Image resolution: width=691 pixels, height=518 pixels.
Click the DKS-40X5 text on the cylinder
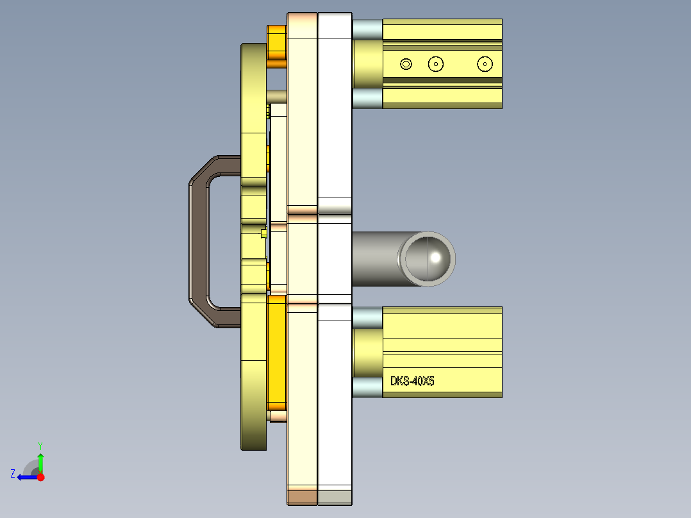(x=412, y=381)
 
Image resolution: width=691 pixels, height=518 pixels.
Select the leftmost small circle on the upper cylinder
(x=405, y=63)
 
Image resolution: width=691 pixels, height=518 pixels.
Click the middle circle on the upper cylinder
(x=436, y=63)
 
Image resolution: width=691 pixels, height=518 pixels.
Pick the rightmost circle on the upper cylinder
(x=485, y=63)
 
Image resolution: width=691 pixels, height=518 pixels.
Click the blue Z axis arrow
(x=26, y=477)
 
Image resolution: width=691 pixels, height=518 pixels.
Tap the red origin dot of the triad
(x=40, y=477)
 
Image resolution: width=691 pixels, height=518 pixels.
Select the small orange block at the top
(x=276, y=46)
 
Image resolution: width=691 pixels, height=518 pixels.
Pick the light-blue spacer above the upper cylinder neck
(x=367, y=29)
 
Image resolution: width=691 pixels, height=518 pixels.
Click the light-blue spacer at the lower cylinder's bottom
(x=367, y=387)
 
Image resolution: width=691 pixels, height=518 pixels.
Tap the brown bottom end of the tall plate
(x=302, y=496)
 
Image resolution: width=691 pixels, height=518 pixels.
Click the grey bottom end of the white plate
(x=335, y=496)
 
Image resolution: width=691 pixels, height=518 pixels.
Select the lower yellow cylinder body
(x=442, y=353)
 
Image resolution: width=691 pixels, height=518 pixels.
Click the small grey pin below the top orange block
(x=277, y=96)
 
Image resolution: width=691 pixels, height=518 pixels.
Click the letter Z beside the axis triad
(x=13, y=474)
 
